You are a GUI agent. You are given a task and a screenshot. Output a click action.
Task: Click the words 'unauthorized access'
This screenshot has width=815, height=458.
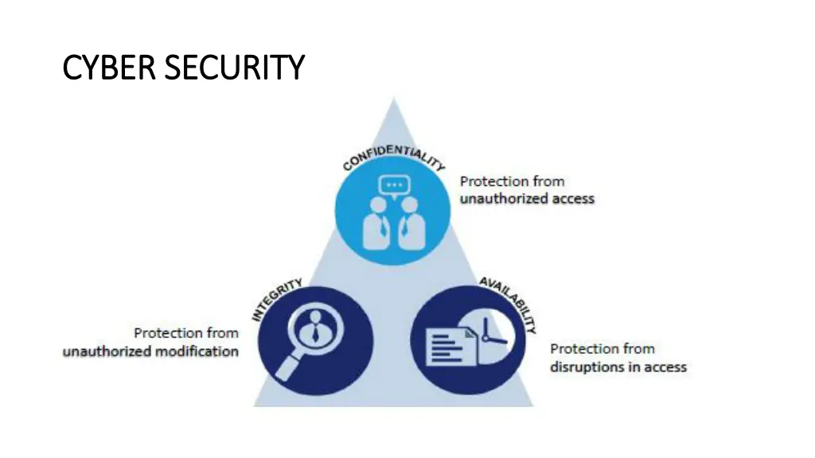click(527, 198)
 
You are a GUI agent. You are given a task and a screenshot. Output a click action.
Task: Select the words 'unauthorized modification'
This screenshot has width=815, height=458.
click(150, 351)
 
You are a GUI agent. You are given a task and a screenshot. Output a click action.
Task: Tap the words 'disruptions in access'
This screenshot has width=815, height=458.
click(618, 367)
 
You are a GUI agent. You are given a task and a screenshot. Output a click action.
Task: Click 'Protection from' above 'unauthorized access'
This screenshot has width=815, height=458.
click(512, 181)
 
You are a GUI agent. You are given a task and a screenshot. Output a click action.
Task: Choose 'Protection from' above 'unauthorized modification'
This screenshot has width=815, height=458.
click(185, 333)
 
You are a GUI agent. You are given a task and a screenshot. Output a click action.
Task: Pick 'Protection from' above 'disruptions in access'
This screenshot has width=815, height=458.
click(602, 348)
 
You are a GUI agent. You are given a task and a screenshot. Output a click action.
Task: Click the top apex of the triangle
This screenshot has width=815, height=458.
click(392, 100)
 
